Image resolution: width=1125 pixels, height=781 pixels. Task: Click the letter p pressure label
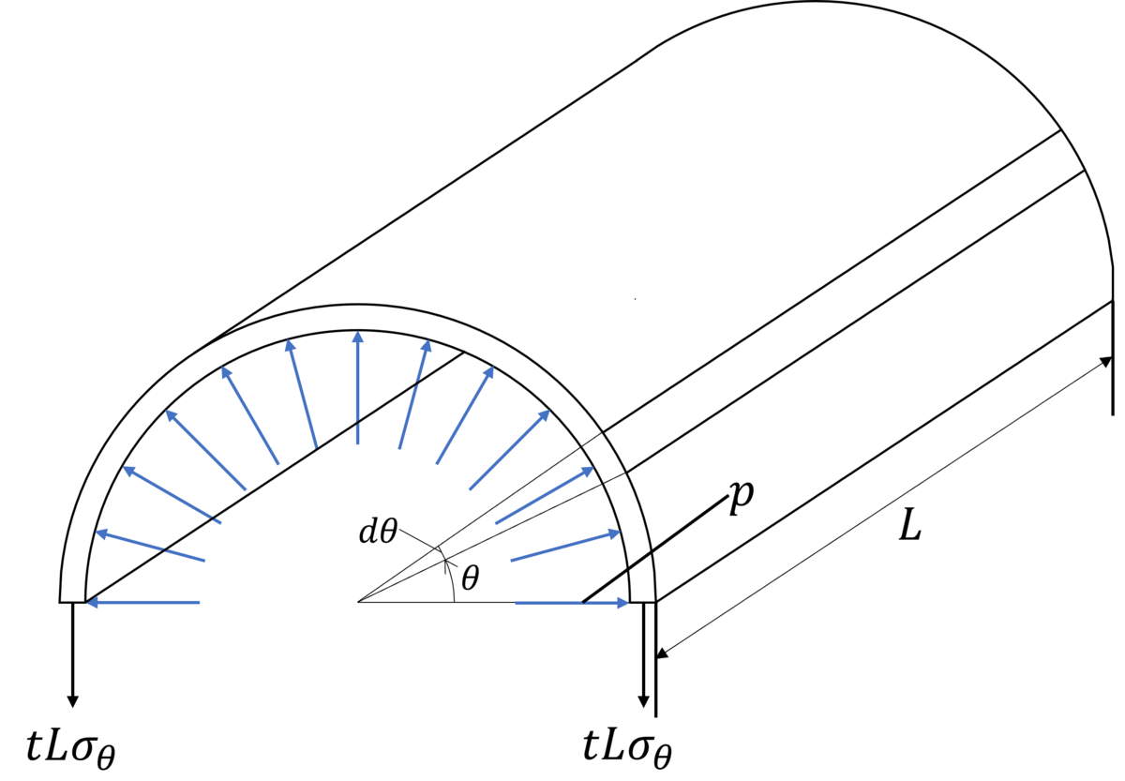tap(742, 499)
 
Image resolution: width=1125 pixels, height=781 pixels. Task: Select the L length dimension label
tap(910, 524)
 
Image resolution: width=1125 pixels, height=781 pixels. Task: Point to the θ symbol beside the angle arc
tap(471, 578)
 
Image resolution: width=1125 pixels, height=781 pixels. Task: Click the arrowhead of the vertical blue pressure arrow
tap(357, 336)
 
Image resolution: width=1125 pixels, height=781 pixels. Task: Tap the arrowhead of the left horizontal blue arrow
tap(93, 602)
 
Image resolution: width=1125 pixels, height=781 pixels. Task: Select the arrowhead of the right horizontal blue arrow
tap(622, 602)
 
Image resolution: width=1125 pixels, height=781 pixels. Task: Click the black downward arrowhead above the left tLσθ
tap(73, 701)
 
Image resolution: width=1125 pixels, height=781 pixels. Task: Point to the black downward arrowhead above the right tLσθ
tap(643, 701)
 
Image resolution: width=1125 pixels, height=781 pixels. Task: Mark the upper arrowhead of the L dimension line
tap(1106, 361)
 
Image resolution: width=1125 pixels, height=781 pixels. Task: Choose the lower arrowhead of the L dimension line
tap(663, 653)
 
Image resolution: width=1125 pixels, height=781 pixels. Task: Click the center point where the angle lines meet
tap(357, 601)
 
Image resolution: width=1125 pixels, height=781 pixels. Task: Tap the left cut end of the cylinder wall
tap(72, 601)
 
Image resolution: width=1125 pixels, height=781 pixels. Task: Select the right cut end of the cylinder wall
tap(643, 601)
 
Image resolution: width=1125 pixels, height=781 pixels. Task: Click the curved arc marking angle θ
tap(450, 574)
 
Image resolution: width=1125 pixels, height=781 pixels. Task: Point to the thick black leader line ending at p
tap(655, 549)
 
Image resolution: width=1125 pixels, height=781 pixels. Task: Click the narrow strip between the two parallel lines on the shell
tap(844, 301)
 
